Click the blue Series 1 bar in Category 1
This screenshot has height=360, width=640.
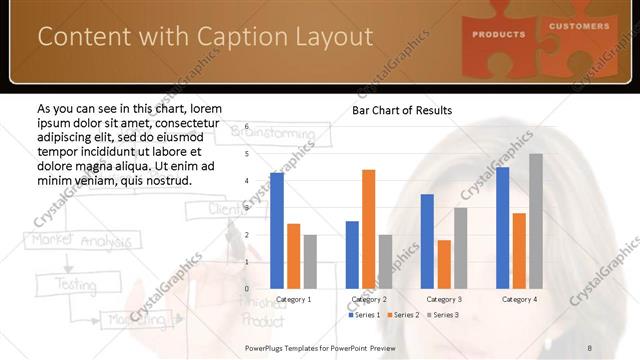coord(277,231)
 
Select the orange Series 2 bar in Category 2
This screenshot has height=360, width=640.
coord(369,229)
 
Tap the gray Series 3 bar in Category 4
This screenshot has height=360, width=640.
coord(536,221)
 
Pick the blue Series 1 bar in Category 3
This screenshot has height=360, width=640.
coord(427,241)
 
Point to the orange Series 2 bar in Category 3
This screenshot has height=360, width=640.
coord(444,264)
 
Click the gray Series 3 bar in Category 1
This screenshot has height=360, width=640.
coord(310,261)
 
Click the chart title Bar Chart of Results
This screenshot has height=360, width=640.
coord(402,110)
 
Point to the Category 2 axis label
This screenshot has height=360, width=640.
coord(369,299)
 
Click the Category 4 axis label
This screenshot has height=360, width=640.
coord(519,299)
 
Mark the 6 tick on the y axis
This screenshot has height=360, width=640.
coord(247,128)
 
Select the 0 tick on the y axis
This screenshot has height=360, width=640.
coord(247,288)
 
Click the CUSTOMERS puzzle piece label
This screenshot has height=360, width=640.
coord(578,26)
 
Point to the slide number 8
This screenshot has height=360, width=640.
coord(590,346)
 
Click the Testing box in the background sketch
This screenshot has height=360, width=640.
coord(61,284)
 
